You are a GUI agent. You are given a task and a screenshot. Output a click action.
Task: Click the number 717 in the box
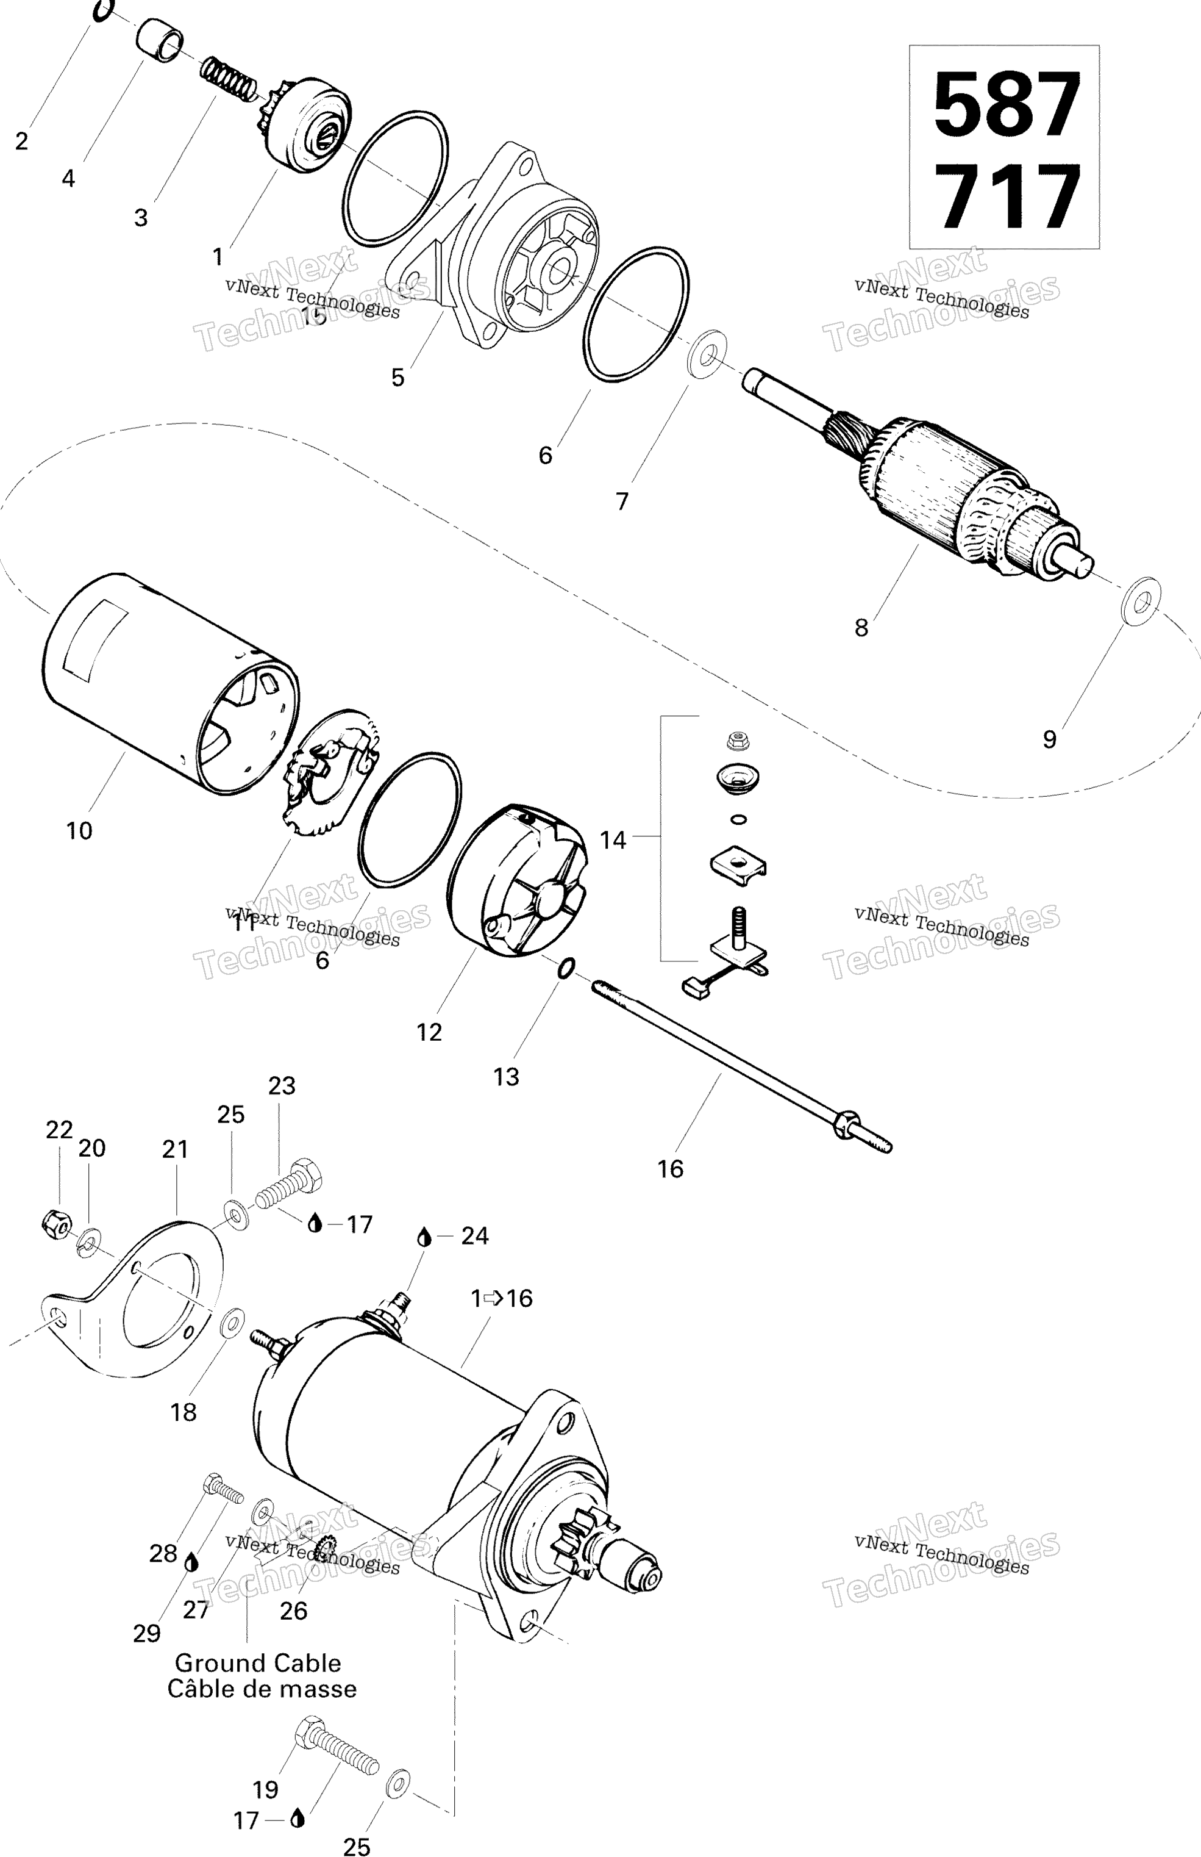(x=1006, y=196)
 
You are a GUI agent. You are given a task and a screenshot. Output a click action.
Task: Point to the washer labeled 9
(x=1140, y=601)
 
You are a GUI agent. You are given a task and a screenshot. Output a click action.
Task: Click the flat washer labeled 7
(x=707, y=356)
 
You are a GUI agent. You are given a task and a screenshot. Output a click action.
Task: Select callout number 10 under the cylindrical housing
(x=79, y=830)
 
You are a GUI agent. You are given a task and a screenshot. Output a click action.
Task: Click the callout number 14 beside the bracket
(x=613, y=839)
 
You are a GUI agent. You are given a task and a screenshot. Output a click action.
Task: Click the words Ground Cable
(x=257, y=1663)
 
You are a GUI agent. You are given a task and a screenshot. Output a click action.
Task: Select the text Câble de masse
(x=262, y=1689)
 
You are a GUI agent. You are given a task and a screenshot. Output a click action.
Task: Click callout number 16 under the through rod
(x=670, y=1168)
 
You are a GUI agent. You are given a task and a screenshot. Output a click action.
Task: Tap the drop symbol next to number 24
(x=424, y=1236)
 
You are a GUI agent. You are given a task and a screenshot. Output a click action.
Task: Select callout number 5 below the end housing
(x=397, y=378)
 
